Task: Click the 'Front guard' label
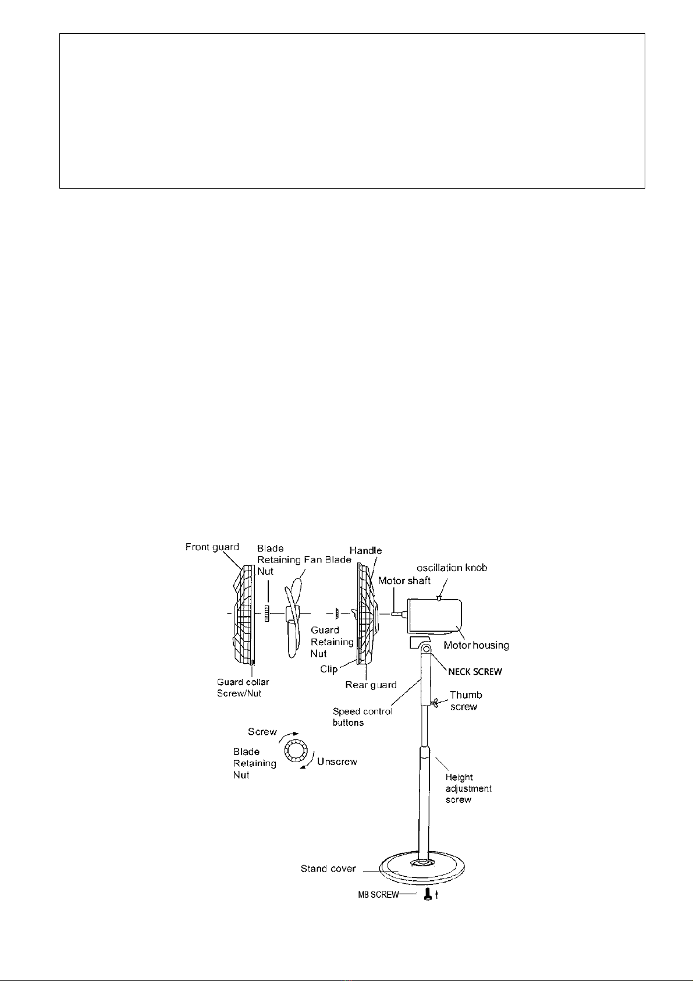[x=212, y=547]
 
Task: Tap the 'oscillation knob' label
[x=452, y=568]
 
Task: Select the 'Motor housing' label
[x=477, y=645]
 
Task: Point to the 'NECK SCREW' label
[x=475, y=671]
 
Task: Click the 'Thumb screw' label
[x=466, y=700]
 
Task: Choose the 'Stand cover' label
[x=328, y=869]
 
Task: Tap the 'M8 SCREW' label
[x=378, y=895]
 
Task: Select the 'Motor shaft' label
[x=404, y=580]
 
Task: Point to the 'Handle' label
[x=365, y=551]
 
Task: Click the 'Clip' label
[x=329, y=669]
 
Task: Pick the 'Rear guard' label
[x=371, y=685]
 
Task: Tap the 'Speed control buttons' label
[x=362, y=717]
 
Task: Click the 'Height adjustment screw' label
[x=468, y=788]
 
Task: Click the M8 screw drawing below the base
[x=428, y=895]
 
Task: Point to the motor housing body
[x=434, y=616]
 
